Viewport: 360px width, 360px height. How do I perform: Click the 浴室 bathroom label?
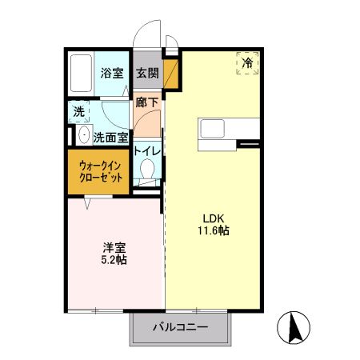(x=112, y=74)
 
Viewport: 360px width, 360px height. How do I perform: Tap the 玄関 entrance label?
(x=146, y=74)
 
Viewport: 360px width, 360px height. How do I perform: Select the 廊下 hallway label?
(x=146, y=102)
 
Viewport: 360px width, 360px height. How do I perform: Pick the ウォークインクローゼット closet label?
(x=101, y=172)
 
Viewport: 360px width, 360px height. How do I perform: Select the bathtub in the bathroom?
(x=80, y=74)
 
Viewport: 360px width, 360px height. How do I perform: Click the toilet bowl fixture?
(x=147, y=169)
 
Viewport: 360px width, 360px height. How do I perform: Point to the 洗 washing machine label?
(x=79, y=112)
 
